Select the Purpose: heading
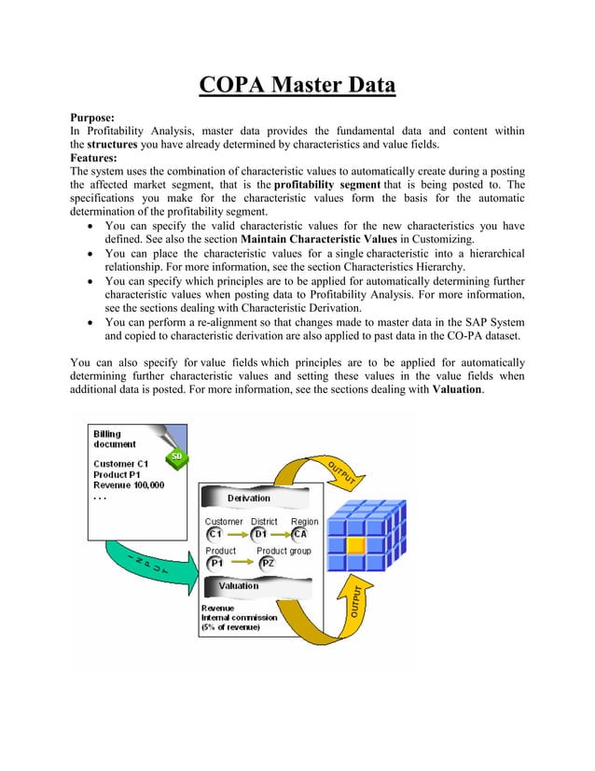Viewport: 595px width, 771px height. (93, 118)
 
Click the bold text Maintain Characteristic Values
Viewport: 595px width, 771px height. (311, 239)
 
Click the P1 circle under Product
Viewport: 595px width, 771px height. (215, 564)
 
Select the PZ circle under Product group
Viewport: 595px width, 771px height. (267, 564)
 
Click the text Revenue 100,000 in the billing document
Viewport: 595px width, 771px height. (129, 485)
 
